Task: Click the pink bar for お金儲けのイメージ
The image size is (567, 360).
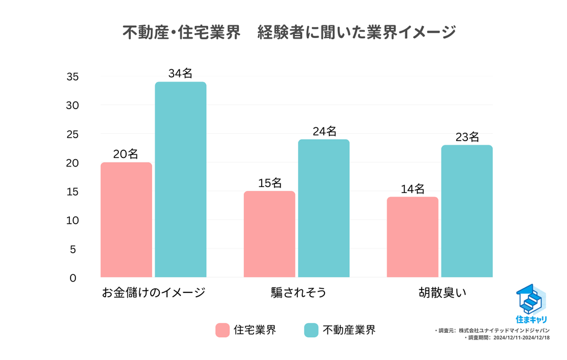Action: click(x=126, y=219)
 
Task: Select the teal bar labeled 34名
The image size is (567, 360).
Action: click(x=180, y=180)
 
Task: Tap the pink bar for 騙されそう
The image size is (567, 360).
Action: click(x=269, y=234)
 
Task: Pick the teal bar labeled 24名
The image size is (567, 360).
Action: click(x=323, y=208)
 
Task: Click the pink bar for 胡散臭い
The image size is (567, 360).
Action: click(x=413, y=237)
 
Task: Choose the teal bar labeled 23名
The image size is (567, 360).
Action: click(x=466, y=211)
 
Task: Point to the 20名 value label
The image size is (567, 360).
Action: click(x=125, y=154)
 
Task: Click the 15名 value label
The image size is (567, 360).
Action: click(x=269, y=183)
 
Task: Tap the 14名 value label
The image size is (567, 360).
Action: click(x=413, y=188)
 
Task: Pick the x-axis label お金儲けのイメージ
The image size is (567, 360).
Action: click(x=153, y=294)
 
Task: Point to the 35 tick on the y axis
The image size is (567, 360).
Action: click(x=73, y=77)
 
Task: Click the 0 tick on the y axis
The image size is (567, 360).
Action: click(x=73, y=278)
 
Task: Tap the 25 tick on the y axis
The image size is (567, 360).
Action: click(x=73, y=134)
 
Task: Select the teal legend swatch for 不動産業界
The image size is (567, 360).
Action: click(x=311, y=330)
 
